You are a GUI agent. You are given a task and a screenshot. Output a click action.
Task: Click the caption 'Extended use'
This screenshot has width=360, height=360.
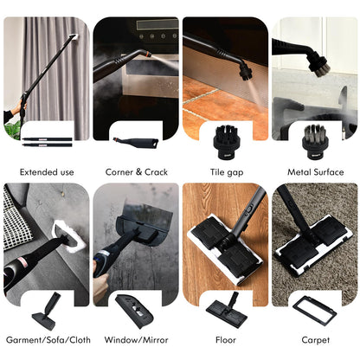(x=47, y=172)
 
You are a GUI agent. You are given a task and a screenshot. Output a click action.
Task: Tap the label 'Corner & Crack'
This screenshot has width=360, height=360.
(x=137, y=172)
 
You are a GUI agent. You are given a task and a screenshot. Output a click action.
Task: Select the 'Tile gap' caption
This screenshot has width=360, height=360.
(x=227, y=172)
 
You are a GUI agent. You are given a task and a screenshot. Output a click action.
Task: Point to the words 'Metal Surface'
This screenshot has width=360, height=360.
(x=316, y=172)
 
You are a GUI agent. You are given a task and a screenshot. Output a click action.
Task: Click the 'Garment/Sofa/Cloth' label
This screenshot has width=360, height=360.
(x=48, y=340)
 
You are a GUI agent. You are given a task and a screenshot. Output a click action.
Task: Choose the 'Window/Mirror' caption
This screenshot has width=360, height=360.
(x=136, y=340)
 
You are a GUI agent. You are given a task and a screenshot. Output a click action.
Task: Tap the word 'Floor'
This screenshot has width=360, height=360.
(x=226, y=340)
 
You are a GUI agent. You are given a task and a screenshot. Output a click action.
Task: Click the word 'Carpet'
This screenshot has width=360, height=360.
(x=315, y=340)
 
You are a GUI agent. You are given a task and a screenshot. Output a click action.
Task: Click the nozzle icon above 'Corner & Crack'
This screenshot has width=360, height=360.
(x=136, y=143)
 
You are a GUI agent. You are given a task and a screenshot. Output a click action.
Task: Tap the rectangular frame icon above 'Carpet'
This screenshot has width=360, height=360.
(x=314, y=310)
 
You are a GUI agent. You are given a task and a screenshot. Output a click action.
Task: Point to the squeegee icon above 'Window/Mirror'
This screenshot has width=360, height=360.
(x=134, y=311)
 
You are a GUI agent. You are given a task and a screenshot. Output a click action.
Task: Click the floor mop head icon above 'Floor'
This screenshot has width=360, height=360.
(x=227, y=310)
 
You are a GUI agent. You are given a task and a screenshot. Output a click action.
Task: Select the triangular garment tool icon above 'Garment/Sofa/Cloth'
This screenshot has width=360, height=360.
(x=46, y=312)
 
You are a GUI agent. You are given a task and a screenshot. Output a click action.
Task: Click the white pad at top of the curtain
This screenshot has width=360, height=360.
(x=74, y=37)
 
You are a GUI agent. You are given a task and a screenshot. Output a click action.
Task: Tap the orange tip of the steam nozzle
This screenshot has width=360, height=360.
(x=147, y=55)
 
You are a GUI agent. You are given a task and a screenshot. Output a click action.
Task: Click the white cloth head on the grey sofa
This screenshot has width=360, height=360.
(x=68, y=235)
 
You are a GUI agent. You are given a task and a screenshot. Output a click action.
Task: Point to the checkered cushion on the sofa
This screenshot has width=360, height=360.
(x=16, y=219)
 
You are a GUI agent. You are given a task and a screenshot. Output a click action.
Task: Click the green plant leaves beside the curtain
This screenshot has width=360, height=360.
(x=13, y=132)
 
